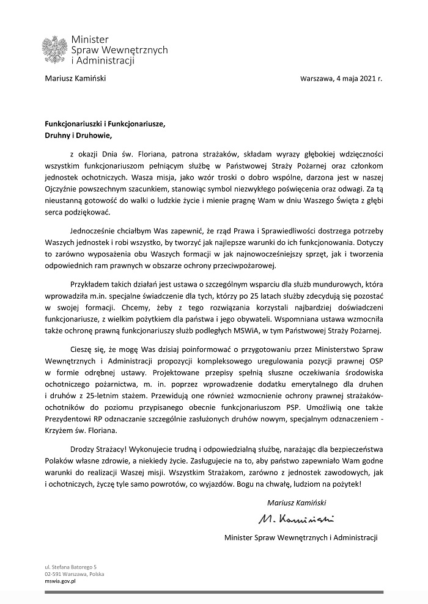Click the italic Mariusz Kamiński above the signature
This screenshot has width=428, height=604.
coord(297,503)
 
